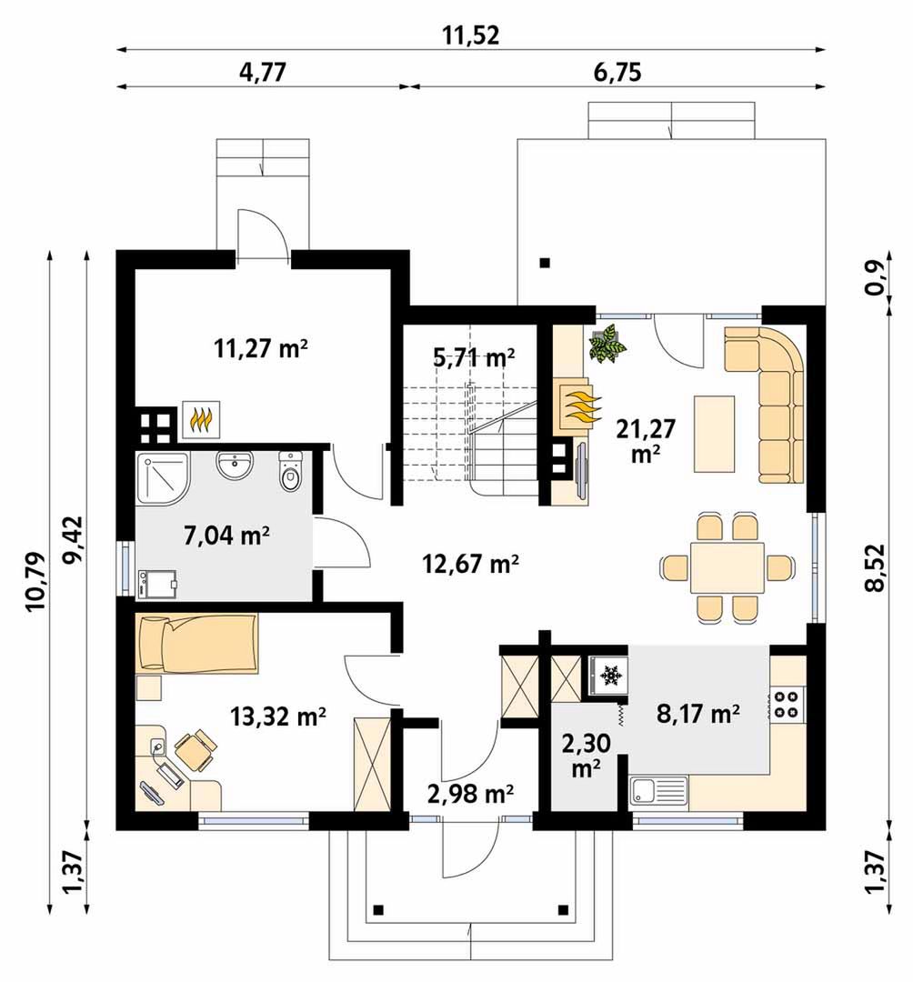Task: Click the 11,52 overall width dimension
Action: (471, 35)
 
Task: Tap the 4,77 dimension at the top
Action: (263, 72)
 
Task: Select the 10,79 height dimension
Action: (35, 581)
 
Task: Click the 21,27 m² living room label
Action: (646, 440)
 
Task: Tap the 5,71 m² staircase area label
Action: (474, 357)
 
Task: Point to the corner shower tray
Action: (161, 476)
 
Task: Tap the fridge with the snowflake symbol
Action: (608, 676)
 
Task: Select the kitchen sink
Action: (658, 790)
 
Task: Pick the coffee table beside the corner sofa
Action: (714, 434)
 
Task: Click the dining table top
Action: (727, 568)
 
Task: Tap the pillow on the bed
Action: (152, 643)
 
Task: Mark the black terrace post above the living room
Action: (546, 263)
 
